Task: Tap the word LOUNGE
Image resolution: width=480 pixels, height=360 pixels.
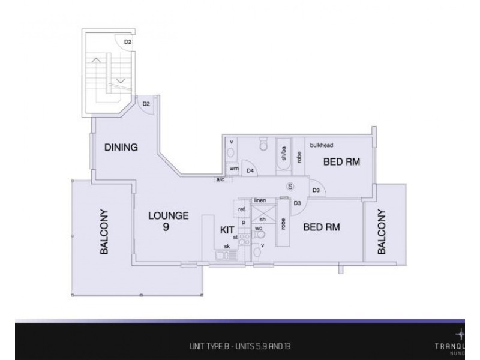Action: (x=169, y=216)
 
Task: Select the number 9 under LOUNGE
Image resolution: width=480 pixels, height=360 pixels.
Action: (x=165, y=227)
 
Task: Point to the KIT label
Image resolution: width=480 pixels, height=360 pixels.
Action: (x=227, y=230)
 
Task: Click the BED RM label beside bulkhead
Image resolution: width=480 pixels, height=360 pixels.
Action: (x=341, y=161)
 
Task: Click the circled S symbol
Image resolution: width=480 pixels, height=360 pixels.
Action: (x=290, y=186)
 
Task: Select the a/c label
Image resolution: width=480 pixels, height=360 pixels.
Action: (x=222, y=179)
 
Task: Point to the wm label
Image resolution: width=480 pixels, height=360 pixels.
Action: (x=234, y=169)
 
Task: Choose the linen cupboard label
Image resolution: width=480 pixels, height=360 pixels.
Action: (x=260, y=200)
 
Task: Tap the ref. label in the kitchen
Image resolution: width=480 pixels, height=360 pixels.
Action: (x=242, y=209)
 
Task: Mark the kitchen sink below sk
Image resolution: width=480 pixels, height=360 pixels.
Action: (x=227, y=256)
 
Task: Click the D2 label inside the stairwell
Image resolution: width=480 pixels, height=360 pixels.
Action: (x=127, y=41)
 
